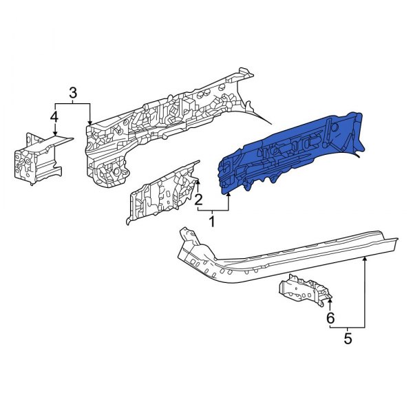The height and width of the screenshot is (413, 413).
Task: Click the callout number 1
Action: coord(212,222)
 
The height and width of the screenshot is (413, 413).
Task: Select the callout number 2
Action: coord(198,200)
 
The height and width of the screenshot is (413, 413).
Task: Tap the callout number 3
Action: coord(73,93)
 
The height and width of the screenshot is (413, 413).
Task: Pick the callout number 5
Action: coord(348,338)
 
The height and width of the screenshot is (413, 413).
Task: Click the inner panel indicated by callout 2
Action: coord(162,189)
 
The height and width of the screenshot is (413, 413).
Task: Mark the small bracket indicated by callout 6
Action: coord(303,289)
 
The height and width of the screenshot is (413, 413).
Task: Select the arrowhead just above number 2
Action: coord(198,182)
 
